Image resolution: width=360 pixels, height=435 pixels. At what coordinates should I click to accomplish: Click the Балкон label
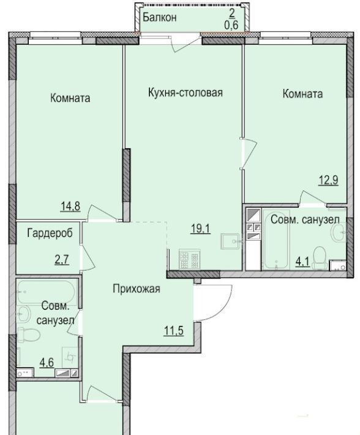coord(160,18)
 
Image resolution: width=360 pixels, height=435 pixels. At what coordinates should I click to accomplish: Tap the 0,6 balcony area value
coord(231,25)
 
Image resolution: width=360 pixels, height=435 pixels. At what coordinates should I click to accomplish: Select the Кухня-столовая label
coord(186,93)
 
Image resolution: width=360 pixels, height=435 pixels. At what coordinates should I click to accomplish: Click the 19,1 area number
coord(201,229)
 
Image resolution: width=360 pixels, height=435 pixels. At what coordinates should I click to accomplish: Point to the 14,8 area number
coord(70,206)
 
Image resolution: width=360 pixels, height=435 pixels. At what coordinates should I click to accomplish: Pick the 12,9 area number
coord(328,180)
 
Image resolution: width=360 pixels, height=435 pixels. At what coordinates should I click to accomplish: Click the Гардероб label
coord(50,233)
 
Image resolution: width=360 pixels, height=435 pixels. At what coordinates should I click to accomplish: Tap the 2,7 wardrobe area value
coord(61,260)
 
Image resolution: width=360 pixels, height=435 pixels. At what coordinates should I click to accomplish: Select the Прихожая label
coord(137,289)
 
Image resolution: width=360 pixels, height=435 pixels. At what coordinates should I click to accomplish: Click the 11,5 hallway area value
coord(174,331)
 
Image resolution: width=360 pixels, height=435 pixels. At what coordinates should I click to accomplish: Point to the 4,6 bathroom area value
coord(47,363)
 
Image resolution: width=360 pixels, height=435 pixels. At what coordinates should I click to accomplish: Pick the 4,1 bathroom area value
coord(302,262)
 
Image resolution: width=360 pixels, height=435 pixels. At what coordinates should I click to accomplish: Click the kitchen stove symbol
coord(190,259)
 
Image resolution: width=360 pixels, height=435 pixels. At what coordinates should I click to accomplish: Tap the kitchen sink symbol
coord(230,241)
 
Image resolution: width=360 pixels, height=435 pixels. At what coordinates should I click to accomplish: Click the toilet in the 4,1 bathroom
coord(320,258)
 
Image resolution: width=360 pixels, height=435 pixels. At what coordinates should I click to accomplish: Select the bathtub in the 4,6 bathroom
coord(46,292)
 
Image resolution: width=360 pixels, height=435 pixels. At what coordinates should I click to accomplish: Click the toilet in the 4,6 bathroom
coord(29,335)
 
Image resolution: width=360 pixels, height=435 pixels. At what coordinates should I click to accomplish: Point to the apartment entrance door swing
coord(213,303)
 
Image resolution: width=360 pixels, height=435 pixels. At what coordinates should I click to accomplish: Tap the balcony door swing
coord(186,44)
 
